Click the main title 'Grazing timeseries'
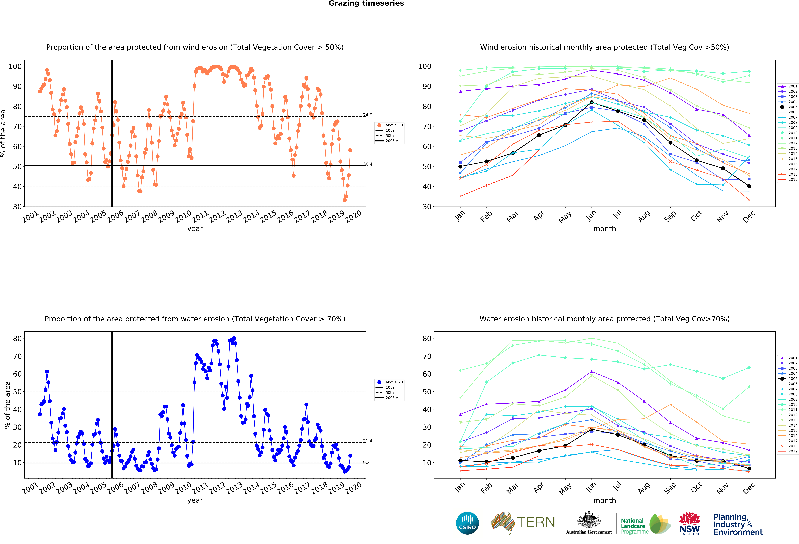click(x=366, y=3)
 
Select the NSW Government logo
click(x=689, y=523)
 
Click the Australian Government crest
click(x=589, y=523)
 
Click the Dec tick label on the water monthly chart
click(x=748, y=488)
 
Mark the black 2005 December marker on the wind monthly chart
click(x=749, y=186)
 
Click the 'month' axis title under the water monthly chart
click(x=604, y=500)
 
